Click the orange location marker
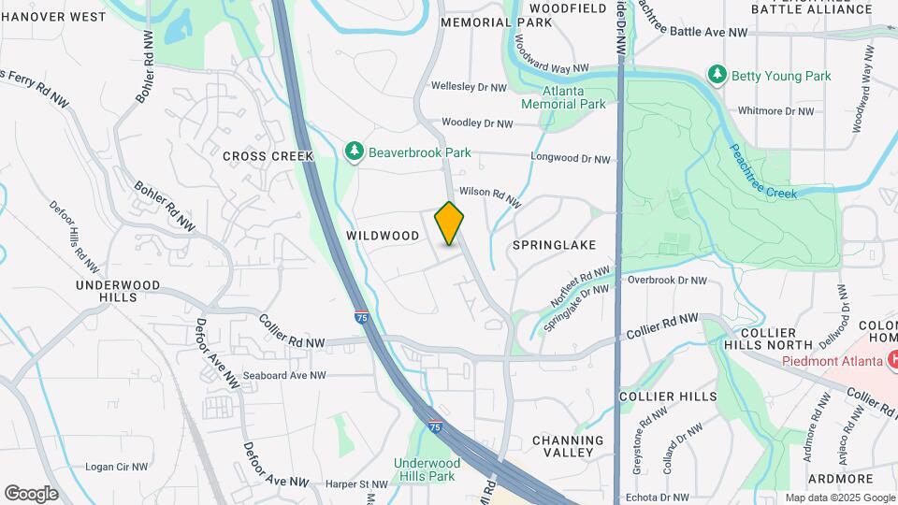click(x=449, y=223)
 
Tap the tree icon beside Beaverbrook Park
click(x=354, y=151)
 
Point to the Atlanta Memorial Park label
click(x=574, y=97)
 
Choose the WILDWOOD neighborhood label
click(x=383, y=236)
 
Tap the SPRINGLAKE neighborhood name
click(x=554, y=244)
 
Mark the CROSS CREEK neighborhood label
click(x=261, y=156)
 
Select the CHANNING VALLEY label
click(x=568, y=446)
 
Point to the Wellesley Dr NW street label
click(x=469, y=87)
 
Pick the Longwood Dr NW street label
click(x=570, y=159)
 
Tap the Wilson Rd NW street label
click(x=490, y=195)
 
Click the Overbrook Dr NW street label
click(x=667, y=280)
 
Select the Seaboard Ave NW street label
click(x=284, y=375)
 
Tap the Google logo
click(x=32, y=493)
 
